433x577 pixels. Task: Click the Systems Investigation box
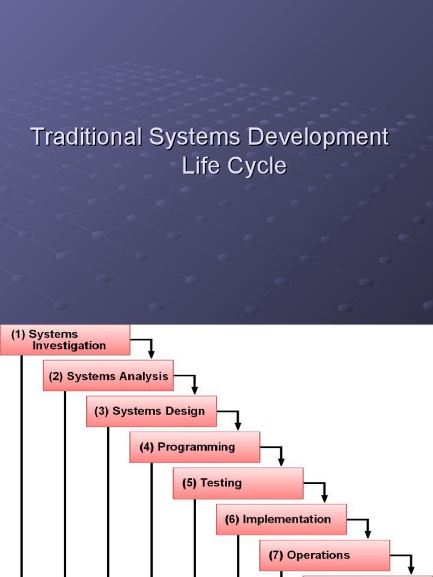pyautogui.click(x=65, y=340)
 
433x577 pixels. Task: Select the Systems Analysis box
pyautogui.click(x=108, y=376)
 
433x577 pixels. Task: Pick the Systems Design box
pyautogui.click(x=151, y=411)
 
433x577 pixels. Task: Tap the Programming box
pyautogui.click(x=195, y=447)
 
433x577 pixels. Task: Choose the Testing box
pyautogui.click(x=238, y=483)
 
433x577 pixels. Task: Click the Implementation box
pyautogui.click(x=281, y=520)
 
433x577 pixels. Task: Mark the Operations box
pyautogui.click(x=324, y=556)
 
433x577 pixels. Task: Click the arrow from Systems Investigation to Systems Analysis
pyautogui.click(x=150, y=347)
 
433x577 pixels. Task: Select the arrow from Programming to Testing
pyautogui.click(x=280, y=454)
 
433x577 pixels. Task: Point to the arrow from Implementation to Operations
pyautogui.click(x=367, y=526)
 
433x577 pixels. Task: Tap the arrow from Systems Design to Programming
pyautogui.click(x=237, y=419)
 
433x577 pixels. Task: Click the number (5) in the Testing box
pyautogui.click(x=189, y=483)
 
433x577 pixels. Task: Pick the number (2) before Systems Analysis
pyautogui.click(x=55, y=376)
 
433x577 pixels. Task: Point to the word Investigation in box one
pyautogui.click(x=69, y=345)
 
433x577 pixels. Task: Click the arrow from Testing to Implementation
pyautogui.click(x=324, y=491)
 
